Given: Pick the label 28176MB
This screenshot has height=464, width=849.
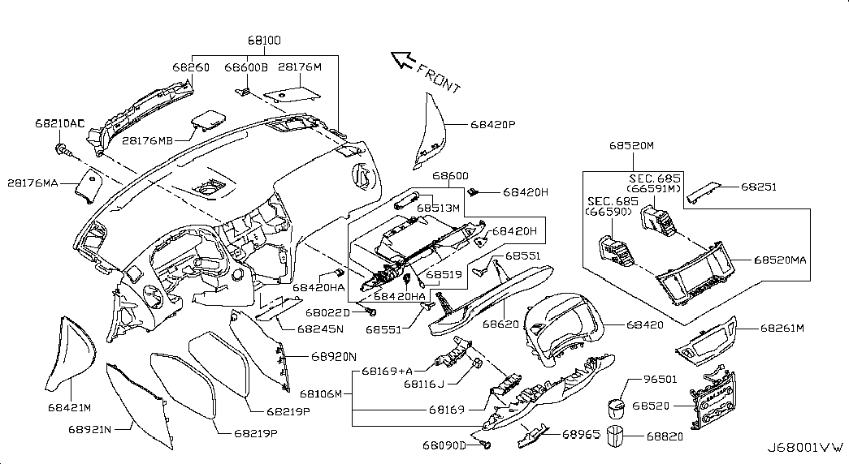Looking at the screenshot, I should (148, 141).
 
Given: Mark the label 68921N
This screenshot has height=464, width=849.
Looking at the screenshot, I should (89, 427).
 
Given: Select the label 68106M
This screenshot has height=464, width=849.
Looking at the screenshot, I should (328, 394).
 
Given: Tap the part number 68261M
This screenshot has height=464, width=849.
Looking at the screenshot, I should (782, 328).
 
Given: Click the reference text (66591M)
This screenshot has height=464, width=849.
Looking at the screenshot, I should (654, 189).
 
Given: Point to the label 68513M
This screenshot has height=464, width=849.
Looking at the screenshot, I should (439, 208).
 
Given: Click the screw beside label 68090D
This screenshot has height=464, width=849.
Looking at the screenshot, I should (485, 444).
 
